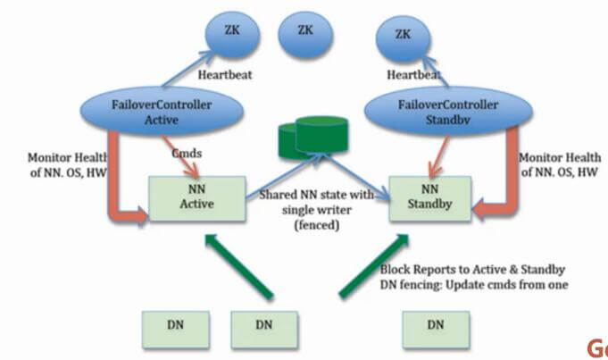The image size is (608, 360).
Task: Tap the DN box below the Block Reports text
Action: [x=435, y=326]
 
